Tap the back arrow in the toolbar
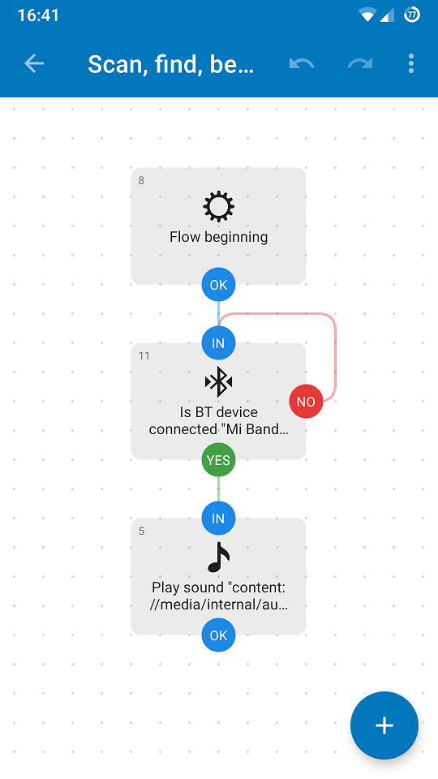click(34, 63)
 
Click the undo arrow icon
click(302, 63)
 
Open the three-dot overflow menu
click(410, 63)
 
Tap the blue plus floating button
click(384, 725)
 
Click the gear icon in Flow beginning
click(218, 207)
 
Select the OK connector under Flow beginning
click(218, 285)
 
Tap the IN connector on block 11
click(218, 343)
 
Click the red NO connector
click(306, 402)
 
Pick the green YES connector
click(218, 460)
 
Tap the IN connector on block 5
click(218, 519)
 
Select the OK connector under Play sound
click(218, 635)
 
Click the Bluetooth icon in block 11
click(218, 382)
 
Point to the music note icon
click(218, 557)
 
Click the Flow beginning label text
click(218, 237)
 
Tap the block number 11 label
click(144, 355)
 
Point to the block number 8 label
click(141, 180)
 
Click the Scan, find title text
click(171, 64)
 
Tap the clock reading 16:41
click(38, 15)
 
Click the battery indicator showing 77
click(412, 15)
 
